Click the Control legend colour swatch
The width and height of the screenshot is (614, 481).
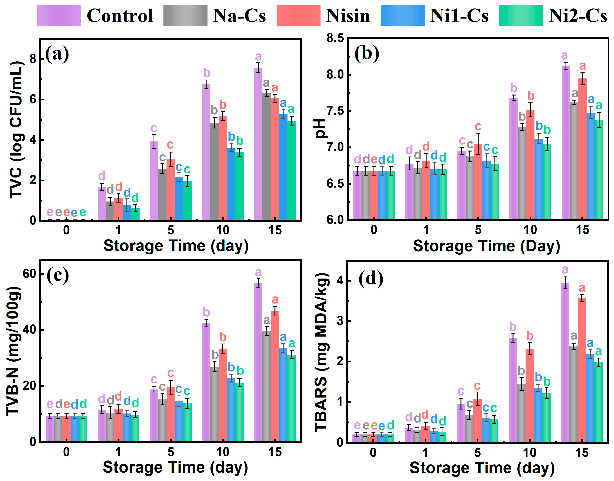(59, 15)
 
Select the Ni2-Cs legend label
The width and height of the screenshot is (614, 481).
(578, 15)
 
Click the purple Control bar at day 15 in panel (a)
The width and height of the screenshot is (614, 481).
(258, 144)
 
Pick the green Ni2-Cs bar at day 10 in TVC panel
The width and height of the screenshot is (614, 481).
(240, 186)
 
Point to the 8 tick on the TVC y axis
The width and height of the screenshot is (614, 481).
(33, 59)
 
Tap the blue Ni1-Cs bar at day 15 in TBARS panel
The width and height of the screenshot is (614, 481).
(590, 398)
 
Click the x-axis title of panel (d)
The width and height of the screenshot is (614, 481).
(482, 468)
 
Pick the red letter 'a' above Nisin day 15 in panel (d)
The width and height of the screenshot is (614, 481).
(582, 288)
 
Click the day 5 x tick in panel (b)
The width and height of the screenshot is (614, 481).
(478, 230)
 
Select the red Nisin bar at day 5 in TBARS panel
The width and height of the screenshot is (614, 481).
(478, 420)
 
